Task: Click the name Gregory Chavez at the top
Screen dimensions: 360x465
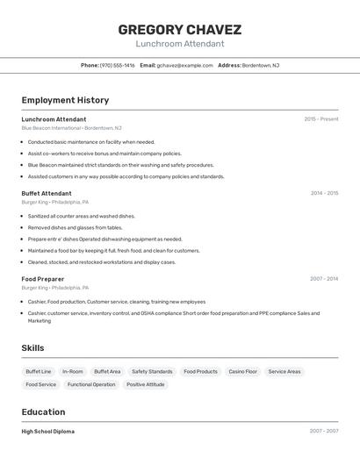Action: pyautogui.click(x=179, y=29)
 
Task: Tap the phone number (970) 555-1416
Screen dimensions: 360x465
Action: pyautogui.click(x=117, y=65)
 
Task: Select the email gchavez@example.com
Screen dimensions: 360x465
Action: pyautogui.click(x=184, y=65)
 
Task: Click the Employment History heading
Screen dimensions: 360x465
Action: pyautogui.click(x=65, y=100)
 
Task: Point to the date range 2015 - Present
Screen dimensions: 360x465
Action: pyautogui.click(x=321, y=118)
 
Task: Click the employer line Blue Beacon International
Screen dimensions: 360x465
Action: pyautogui.click(x=71, y=128)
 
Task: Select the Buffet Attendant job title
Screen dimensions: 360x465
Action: pyautogui.click(x=47, y=193)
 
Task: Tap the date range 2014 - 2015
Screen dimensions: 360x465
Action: pyautogui.click(x=324, y=193)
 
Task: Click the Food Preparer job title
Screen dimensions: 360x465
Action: pyautogui.click(x=43, y=279)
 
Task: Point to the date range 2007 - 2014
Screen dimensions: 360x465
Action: pyautogui.click(x=324, y=279)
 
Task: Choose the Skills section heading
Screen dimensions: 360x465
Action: pyautogui.click(x=32, y=348)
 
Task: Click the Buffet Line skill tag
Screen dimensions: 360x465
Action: pyautogui.click(x=39, y=371)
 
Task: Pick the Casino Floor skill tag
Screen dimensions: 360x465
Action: pyautogui.click(x=243, y=371)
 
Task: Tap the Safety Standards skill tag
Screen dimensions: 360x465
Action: pyautogui.click(x=152, y=371)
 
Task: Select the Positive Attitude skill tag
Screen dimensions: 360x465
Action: pyautogui.click(x=146, y=384)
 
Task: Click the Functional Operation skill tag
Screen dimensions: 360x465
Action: pyautogui.click(x=91, y=384)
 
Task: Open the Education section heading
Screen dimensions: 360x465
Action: pyautogui.click(x=43, y=411)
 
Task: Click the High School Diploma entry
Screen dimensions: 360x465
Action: pyautogui.click(x=47, y=432)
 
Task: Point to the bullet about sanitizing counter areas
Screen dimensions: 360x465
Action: pyautogui.click(x=81, y=216)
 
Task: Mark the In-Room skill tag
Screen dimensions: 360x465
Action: pyautogui.click(x=73, y=371)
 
